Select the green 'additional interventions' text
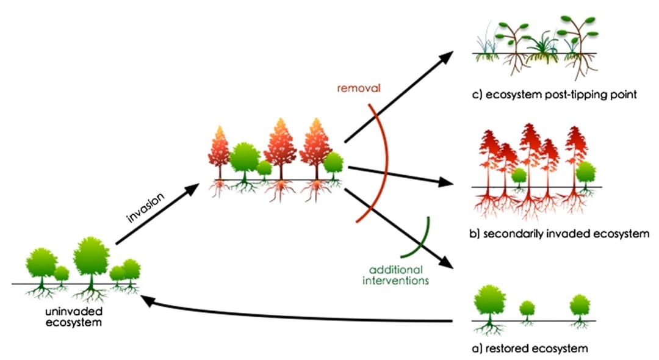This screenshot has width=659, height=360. point(395,275)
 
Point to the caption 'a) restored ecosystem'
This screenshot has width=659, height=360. point(531,348)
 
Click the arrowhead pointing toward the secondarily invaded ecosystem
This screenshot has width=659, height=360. point(447,182)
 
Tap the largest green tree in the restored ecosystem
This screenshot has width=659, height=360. point(489,300)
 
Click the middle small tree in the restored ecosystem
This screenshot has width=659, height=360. point(527,308)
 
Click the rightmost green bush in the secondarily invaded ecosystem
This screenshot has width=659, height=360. point(585,172)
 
